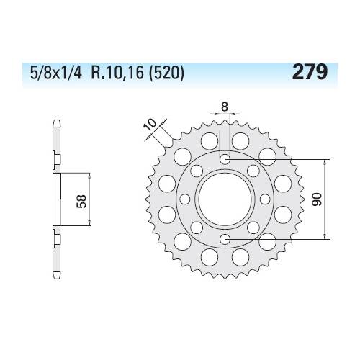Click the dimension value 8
(225, 107)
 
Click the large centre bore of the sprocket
(225, 198)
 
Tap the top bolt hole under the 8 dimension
(225, 158)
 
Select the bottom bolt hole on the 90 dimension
(225, 238)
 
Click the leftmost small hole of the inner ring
(184, 198)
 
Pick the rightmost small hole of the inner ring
(265, 198)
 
